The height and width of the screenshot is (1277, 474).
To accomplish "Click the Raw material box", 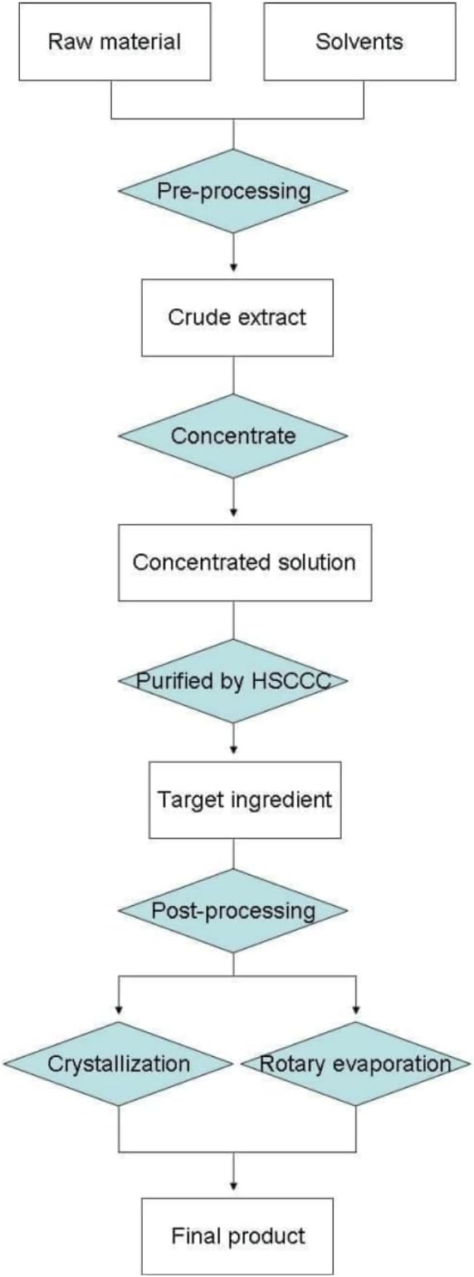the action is tap(115, 42).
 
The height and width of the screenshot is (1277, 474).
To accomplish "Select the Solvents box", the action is tap(359, 42).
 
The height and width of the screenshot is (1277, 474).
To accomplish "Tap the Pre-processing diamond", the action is tap(233, 191).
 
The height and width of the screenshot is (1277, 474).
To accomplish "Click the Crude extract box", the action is tap(237, 317).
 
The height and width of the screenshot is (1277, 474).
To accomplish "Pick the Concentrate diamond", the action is tap(233, 436).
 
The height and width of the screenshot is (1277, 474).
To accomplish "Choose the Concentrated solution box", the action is tap(245, 563).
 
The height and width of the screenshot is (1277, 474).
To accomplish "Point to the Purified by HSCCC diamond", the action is tap(233, 681).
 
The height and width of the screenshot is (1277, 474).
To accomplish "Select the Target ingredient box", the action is tap(245, 800).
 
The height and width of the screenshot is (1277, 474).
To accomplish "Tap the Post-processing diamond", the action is tap(233, 911).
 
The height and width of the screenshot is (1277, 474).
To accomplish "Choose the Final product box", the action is tap(237, 1236).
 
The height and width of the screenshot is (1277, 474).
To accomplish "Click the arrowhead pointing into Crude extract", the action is tap(233, 267).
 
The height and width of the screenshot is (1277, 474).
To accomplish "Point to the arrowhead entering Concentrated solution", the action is tap(233, 512).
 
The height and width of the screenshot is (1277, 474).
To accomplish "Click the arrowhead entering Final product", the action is tap(233, 1186).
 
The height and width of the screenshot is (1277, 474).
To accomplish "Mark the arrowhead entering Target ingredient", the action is tap(233, 749).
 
